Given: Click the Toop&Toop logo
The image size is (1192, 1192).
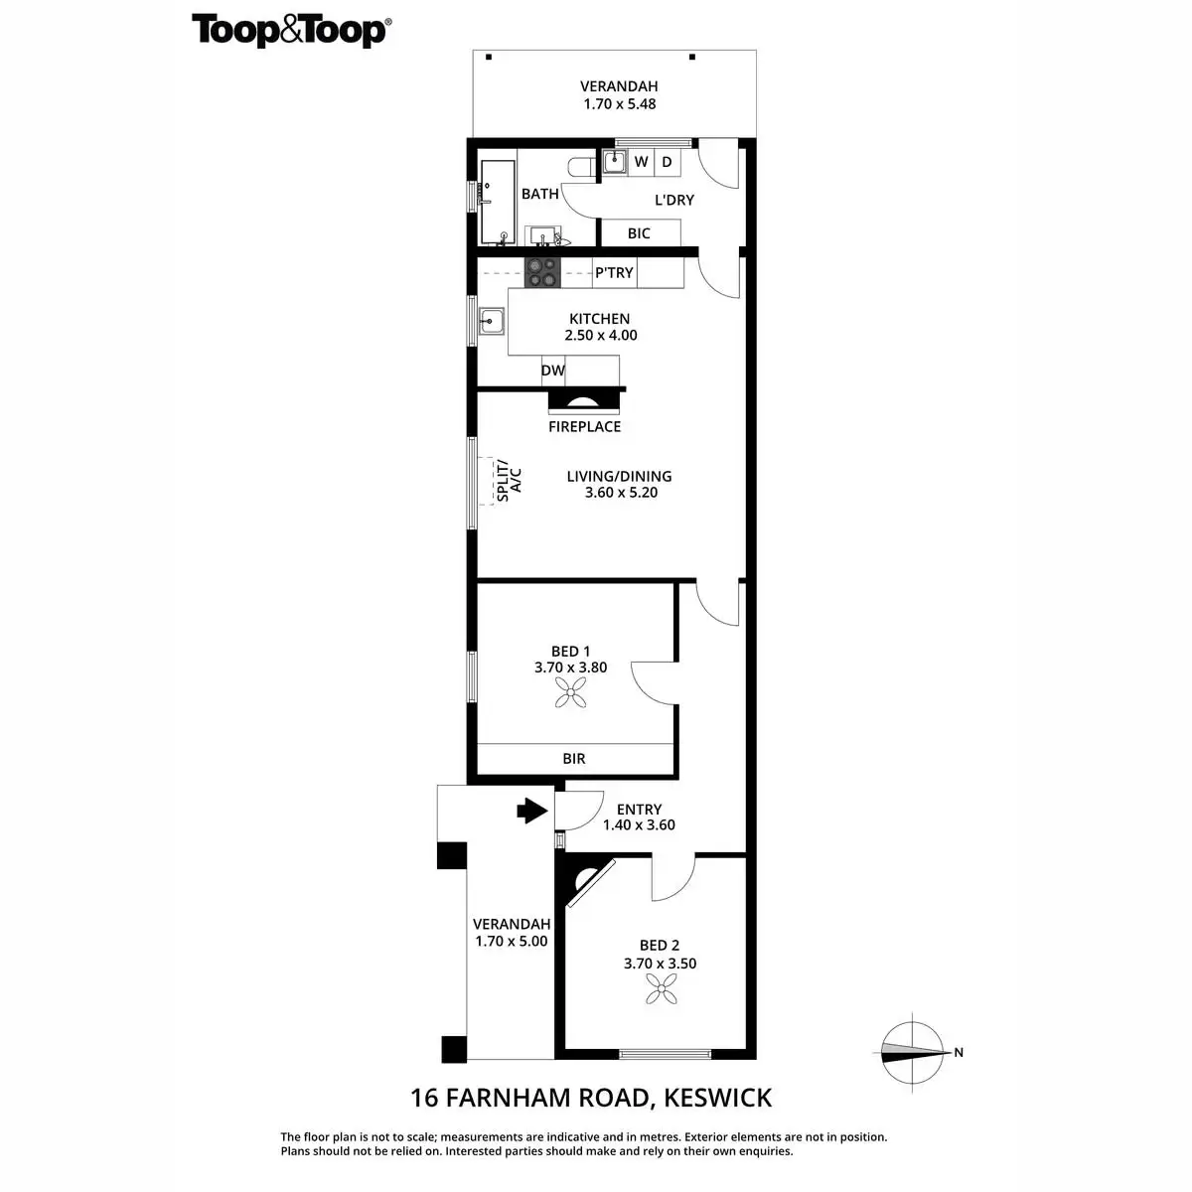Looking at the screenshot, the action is coord(290,30).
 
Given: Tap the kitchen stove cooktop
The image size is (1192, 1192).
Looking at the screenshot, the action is coord(543,272).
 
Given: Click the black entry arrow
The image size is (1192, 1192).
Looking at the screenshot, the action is coord(531,812).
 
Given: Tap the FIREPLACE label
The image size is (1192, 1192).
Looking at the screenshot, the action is coord(584,426).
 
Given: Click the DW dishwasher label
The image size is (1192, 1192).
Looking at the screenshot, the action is coord(553,371).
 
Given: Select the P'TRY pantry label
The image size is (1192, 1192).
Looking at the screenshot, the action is coord(614,272).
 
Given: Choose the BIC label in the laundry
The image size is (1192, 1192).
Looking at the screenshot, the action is coord(639,233).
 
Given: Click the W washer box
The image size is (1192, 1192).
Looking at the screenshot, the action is coord(642,161).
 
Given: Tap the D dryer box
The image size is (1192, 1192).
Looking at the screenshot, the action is coord(668,161).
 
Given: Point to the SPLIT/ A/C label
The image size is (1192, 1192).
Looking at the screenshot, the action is coord(509,480).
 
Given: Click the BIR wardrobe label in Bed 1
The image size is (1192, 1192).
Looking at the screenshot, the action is coord(574,758).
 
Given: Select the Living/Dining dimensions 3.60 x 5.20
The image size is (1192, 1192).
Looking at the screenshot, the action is coord(621,492).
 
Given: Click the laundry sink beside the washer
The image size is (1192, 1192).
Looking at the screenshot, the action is coord(615,160).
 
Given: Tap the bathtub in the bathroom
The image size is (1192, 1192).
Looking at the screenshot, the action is coord(497,203).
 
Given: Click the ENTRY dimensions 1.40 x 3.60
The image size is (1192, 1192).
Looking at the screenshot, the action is coord(639,824).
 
